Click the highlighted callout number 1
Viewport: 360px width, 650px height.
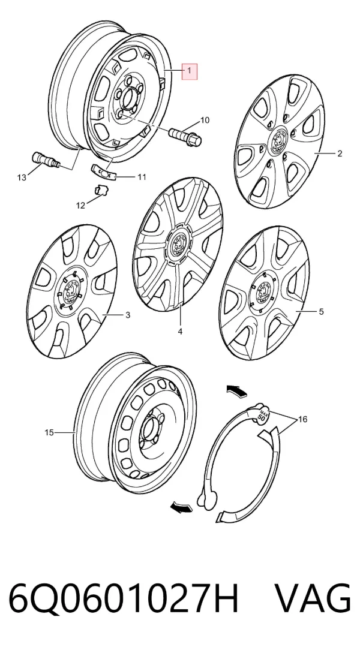click(x=190, y=71)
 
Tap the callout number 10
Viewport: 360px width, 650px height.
click(x=205, y=120)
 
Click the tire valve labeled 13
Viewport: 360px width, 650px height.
click(x=46, y=160)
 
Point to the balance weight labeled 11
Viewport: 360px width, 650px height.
click(x=103, y=171)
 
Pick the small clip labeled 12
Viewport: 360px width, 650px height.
click(x=100, y=191)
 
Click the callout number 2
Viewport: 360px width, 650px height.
click(x=340, y=154)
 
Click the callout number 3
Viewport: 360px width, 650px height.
click(x=128, y=315)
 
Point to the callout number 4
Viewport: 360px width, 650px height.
click(x=181, y=331)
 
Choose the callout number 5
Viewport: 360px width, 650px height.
click(x=322, y=311)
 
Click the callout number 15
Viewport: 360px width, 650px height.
click(x=49, y=433)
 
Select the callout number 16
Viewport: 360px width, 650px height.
click(x=302, y=420)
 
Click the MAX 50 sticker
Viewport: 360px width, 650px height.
click(x=262, y=414)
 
